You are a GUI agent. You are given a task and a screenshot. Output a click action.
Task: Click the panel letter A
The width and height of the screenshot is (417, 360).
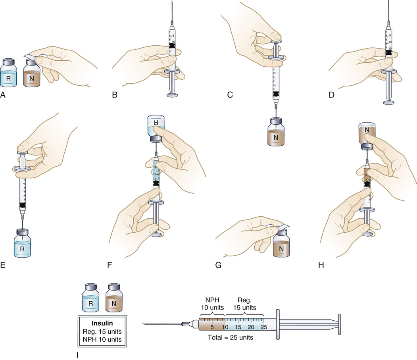pyautogui.click(x=4, y=95)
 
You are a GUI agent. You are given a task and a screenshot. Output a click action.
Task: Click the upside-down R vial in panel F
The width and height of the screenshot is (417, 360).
pyautogui.click(x=155, y=129)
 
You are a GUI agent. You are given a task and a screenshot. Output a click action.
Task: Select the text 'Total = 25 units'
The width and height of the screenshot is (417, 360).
pyautogui.click(x=230, y=339)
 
